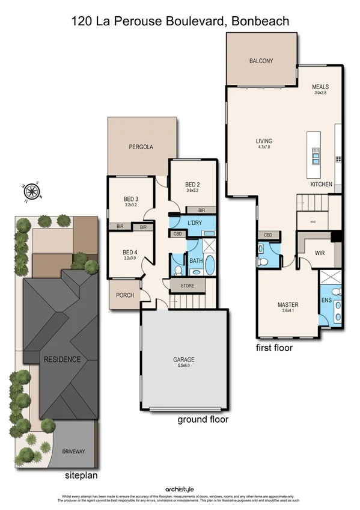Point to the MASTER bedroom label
(x=288, y=304)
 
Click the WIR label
(x=320, y=253)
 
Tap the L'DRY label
(x=194, y=223)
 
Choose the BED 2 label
(x=192, y=185)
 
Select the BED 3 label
(x=130, y=199)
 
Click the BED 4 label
(x=130, y=252)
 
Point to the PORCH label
(x=124, y=295)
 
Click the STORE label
(x=187, y=286)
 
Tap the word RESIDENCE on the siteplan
(x=61, y=360)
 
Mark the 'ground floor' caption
(x=203, y=419)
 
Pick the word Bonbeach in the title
(x=260, y=22)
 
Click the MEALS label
(x=320, y=87)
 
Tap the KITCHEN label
(x=320, y=185)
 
